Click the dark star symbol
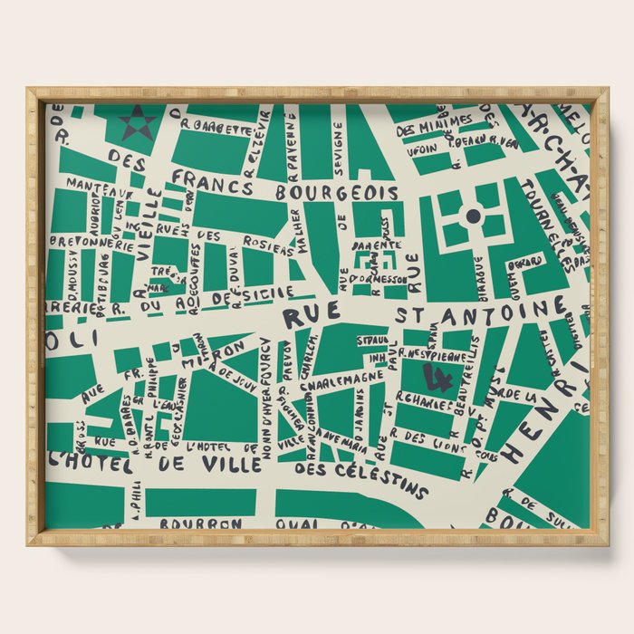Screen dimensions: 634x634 tap(138, 123)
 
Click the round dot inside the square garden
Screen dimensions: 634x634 tap(473, 216)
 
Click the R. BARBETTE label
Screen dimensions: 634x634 tap(216, 129)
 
